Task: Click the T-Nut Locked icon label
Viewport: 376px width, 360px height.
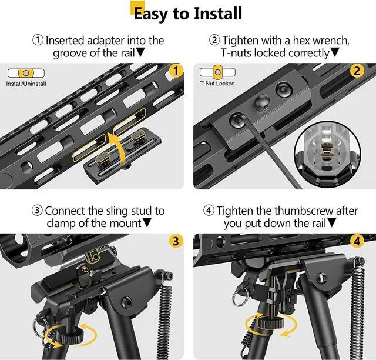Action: click(x=217, y=84)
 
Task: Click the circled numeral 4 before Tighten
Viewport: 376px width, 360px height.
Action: click(x=209, y=211)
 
